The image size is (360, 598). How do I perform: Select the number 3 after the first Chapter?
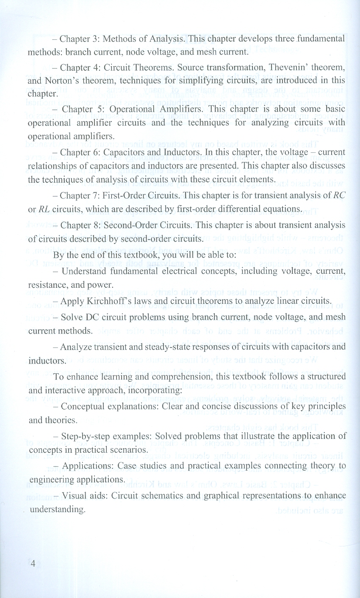tap(95, 40)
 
